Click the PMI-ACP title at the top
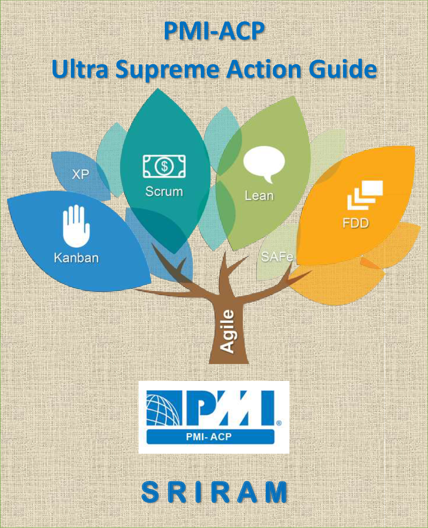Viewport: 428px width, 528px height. pos(214,31)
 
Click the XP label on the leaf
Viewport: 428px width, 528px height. pos(80,174)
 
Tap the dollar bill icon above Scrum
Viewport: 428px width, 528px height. pos(164,166)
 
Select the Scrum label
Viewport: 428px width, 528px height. pos(164,192)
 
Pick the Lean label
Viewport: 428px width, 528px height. pos(259,196)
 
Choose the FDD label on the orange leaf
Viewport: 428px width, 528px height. pos(356,223)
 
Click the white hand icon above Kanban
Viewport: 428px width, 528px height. pos(76,226)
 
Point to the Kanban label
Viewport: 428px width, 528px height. pos(76,258)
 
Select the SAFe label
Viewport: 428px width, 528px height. pos(277,257)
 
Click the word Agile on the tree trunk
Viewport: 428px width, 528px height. pos(228,331)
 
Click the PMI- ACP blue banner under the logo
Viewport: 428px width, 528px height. pos(210,437)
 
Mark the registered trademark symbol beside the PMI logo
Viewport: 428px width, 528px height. pos(279,423)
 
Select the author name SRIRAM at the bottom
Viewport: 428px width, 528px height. pos(214,492)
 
